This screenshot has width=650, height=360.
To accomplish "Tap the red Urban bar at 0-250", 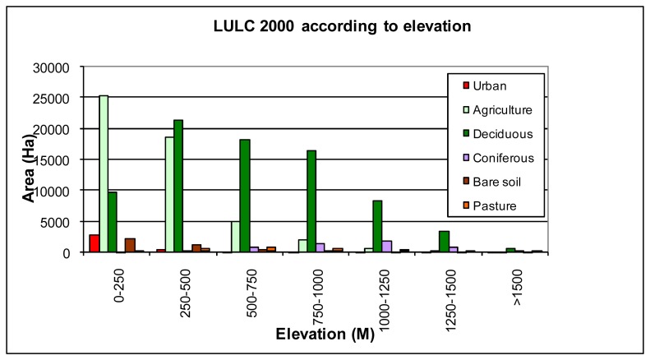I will tap(95, 243).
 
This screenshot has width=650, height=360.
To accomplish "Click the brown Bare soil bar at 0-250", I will tap(130, 245).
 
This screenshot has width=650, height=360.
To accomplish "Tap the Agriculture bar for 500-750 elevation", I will tap(236, 237).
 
